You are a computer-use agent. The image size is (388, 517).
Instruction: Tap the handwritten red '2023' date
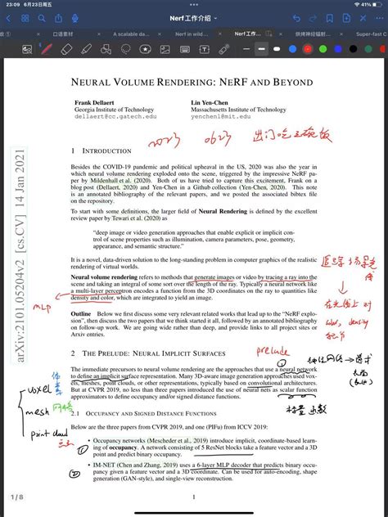pos(167,143)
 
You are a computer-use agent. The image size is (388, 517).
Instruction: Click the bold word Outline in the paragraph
pos(81,313)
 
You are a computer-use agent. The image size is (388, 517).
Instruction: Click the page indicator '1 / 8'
pos(17,497)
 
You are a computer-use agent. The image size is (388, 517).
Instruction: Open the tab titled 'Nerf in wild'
pos(194,34)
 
